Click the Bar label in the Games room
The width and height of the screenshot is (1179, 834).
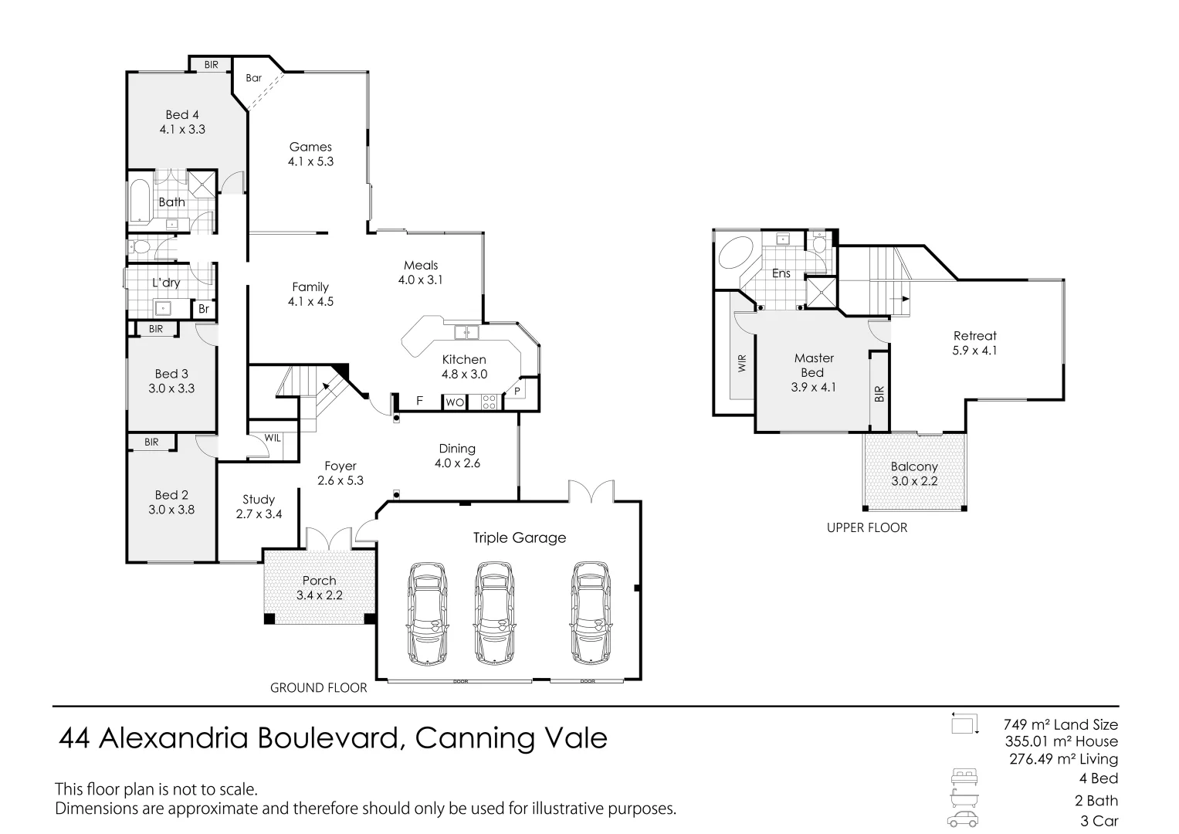(x=253, y=78)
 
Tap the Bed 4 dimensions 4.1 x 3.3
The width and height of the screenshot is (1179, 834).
(x=182, y=130)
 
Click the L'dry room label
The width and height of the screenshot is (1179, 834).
(x=166, y=283)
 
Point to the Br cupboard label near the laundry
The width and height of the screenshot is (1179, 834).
(x=204, y=309)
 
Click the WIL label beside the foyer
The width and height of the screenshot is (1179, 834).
(x=273, y=438)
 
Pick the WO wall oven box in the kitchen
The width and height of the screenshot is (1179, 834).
(x=454, y=402)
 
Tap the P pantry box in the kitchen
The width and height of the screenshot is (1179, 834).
(x=516, y=392)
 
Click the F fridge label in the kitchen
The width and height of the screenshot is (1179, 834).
(x=420, y=401)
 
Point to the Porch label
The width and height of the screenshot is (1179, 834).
(x=319, y=581)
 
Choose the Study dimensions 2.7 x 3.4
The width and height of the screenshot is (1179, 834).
(x=258, y=514)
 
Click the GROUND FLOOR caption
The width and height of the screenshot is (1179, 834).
(x=318, y=687)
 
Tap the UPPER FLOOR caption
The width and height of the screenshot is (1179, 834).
(x=866, y=527)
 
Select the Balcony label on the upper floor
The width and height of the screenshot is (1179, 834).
(x=913, y=466)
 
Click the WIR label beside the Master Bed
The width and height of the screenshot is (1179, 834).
(x=743, y=364)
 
